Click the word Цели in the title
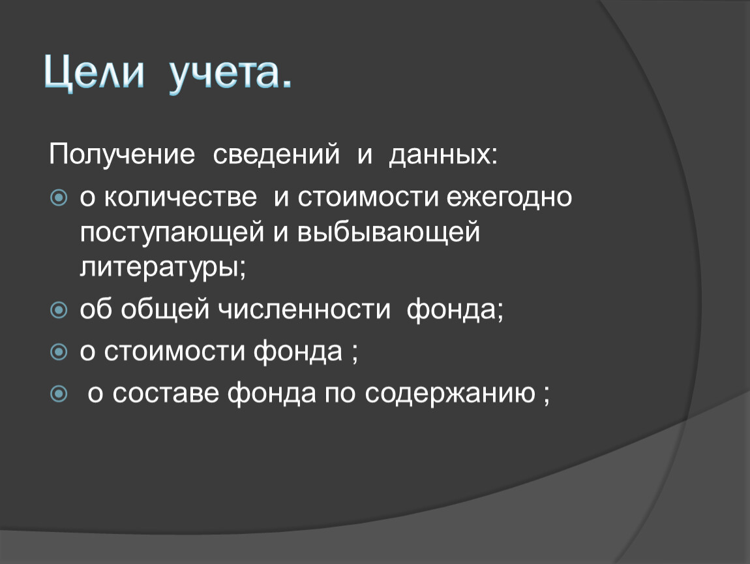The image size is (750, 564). coord(94,73)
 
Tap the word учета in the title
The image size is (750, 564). coord(224,76)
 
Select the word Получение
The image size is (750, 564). coord(122,155)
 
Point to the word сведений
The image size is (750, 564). coord(276,154)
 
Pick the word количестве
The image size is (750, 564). coord(180,196)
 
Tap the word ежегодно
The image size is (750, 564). coord(509,197)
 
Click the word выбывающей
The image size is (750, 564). coord(389,232)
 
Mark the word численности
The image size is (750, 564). coord(304,309)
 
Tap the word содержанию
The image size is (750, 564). coord(450,394)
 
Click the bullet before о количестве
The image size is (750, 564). coord(59,197)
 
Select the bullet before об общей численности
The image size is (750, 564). coord(59,310)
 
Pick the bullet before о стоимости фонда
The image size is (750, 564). coord(59,352)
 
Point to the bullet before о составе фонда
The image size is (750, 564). coord(59,394)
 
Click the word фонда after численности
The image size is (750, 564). coord(451,310)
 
